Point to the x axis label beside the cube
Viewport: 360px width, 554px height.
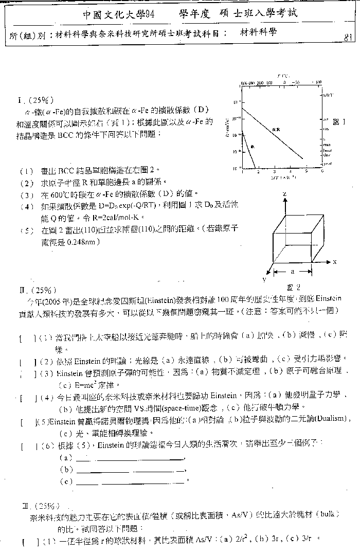tap(335, 262)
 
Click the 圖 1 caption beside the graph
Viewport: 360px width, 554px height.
tap(340, 122)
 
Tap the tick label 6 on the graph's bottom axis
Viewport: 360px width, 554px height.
tap(322, 172)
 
